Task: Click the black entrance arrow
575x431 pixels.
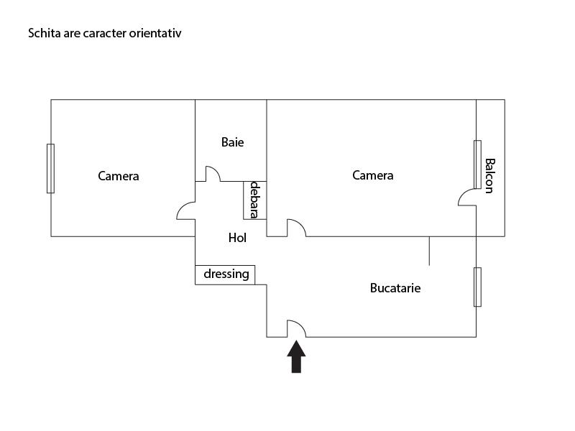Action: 296,357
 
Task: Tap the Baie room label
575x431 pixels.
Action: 232,142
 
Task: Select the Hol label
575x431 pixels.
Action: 237,238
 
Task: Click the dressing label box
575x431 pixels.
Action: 225,274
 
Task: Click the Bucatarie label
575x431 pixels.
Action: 395,288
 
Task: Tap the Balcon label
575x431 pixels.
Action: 489,175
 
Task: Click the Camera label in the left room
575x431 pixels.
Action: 119,176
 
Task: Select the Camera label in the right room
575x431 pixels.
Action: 372,175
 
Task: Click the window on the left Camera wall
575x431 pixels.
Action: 50,168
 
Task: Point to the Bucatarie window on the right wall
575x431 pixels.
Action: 477,287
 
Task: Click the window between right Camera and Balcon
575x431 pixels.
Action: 477,164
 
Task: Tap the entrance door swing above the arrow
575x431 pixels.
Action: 296,329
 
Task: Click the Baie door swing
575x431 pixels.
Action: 213,175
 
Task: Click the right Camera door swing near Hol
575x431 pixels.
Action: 295,228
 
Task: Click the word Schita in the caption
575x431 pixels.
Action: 42,33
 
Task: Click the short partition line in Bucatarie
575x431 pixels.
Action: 429,251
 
